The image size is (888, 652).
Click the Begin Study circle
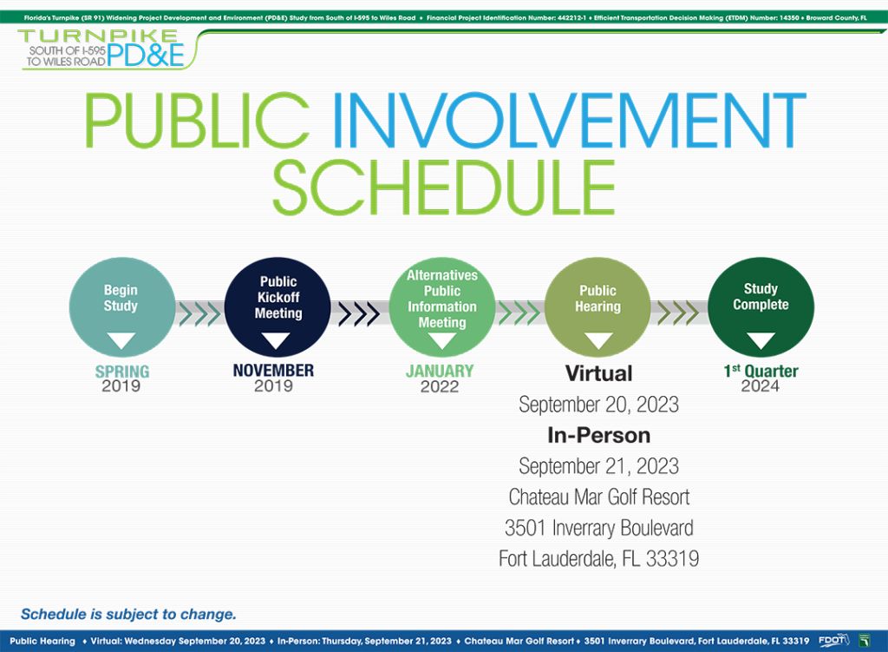click(121, 307)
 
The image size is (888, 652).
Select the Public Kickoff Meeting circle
click(277, 307)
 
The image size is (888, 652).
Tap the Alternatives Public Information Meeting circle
click(441, 307)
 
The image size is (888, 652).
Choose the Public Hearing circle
click(597, 307)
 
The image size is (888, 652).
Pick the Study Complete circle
click(761, 307)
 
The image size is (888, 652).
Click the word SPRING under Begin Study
click(122, 372)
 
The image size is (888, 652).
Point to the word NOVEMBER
click(273, 370)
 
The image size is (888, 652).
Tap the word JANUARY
click(440, 371)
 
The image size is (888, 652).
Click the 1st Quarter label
click(761, 371)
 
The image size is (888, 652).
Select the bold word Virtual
click(598, 373)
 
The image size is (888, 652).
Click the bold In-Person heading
click(598, 436)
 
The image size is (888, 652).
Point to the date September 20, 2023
click(598, 405)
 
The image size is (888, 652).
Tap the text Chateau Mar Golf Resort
click(599, 497)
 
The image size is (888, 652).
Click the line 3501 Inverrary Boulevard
click(599, 528)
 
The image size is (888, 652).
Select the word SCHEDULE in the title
click(444, 187)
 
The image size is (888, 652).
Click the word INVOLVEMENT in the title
click(569, 120)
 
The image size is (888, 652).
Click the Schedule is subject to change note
click(128, 614)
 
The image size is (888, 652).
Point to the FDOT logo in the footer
click(834, 641)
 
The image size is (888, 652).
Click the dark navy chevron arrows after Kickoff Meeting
click(359, 313)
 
